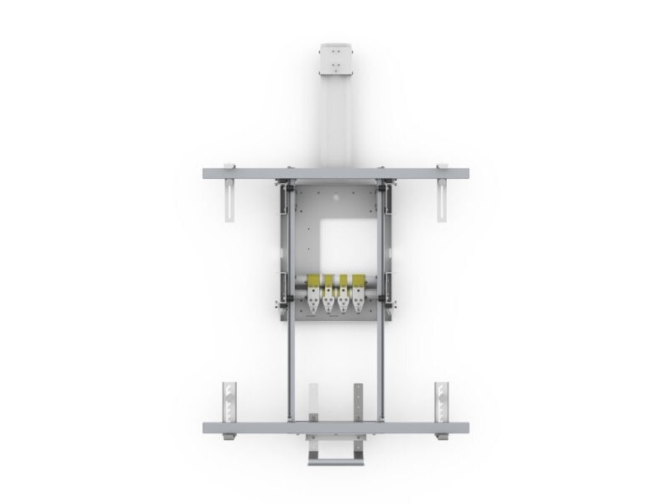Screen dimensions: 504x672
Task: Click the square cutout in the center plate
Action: [x=341, y=243]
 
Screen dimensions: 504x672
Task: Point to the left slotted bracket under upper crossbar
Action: [x=228, y=200]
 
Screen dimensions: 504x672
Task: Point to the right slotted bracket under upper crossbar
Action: [x=443, y=200]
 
